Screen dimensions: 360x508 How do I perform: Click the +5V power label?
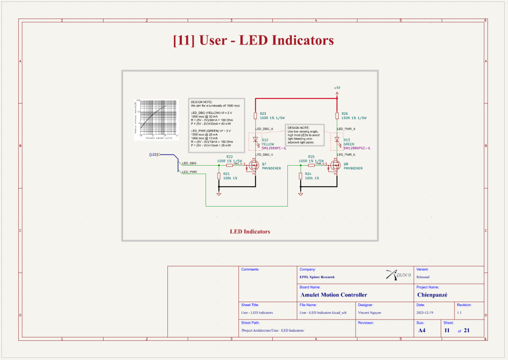point(337,88)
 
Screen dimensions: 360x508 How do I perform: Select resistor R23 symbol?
point(255,116)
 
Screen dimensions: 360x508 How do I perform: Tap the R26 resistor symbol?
point(337,116)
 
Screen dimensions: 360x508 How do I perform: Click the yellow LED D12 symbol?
point(255,140)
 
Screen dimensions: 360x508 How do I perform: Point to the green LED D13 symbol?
point(337,140)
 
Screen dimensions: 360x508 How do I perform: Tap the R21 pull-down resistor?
point(219,176)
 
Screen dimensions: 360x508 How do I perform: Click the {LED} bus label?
point(153,154)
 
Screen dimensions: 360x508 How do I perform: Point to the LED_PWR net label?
point(189,172)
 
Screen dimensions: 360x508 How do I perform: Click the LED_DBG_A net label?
point(264,128)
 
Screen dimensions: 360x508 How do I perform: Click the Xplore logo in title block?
point(398,274)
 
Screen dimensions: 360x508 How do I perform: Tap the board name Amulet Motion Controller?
point(333,295)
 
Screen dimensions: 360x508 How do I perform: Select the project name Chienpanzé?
point(432,295)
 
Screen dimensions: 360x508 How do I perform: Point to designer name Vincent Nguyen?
point(370,312)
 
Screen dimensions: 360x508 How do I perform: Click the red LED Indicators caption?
point(250,232)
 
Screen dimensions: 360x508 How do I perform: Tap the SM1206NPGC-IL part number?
point(357,148)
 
